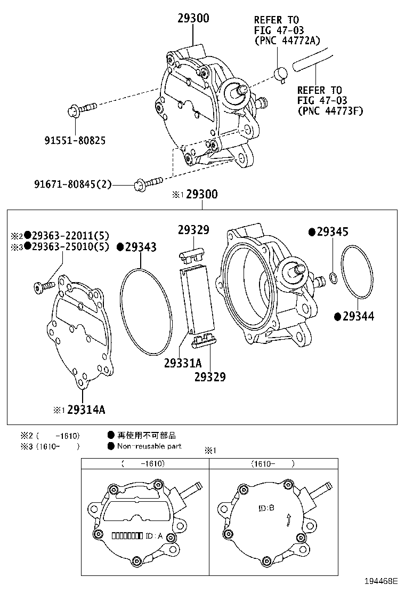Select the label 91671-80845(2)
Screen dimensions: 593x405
coord(74,185)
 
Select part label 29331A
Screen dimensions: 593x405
coord(183,363)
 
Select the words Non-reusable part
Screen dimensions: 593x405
coord(149,446)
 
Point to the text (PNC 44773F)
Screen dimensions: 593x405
coord(330,110)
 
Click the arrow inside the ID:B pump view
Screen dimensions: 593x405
coord(289,519)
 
